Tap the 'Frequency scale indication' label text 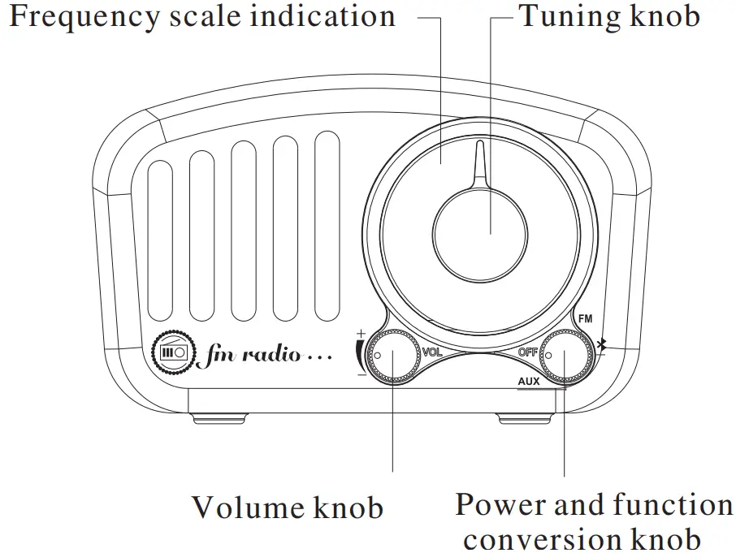point(201,15)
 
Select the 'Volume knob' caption point(287,508)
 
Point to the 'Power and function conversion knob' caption point(593,521)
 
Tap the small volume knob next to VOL point(392,354)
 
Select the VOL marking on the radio point(432,352)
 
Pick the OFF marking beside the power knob point(528,352)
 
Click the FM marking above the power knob point(585,319)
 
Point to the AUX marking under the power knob point(529,380)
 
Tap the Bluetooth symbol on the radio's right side point(601,347)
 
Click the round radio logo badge point(174,352)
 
